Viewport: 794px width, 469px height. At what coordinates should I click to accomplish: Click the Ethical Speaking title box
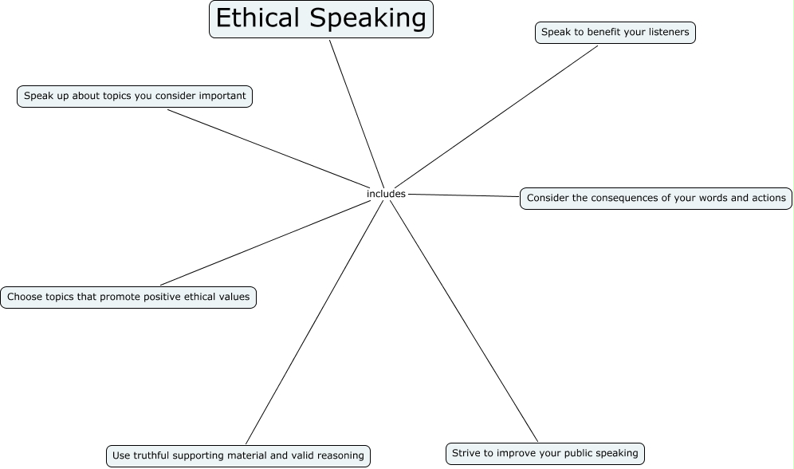(x=320, y=19)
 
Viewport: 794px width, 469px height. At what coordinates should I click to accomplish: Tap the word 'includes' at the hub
(x=386, y=194)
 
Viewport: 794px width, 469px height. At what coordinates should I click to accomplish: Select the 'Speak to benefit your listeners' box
(x=615, y=33)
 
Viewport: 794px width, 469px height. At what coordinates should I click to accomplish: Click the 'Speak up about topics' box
(x=135, y=97)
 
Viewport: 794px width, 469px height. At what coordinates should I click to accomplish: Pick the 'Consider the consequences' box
(x=656, y=198)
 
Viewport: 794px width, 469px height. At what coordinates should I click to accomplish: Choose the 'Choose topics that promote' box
(x=128, y=298)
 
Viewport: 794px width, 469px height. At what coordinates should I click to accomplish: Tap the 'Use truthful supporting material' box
(x=238, y=455)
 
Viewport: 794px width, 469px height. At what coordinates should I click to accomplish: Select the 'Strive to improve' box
(x=544, y=453)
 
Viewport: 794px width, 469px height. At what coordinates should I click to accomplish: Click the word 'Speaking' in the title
(x=368, y=18)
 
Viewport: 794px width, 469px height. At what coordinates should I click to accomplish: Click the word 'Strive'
(x=466, y=453)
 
